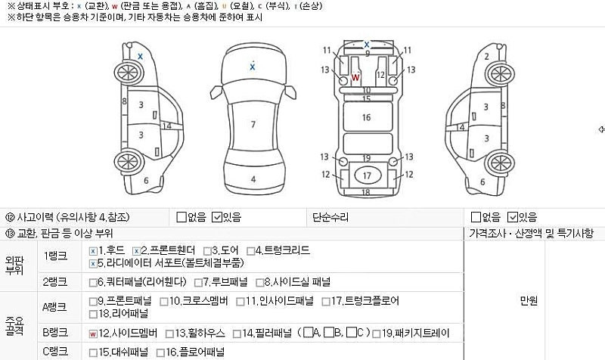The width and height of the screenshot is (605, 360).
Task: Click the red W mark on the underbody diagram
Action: click(355, 77)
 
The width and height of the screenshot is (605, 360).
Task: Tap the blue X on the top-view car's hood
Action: click(253, 67)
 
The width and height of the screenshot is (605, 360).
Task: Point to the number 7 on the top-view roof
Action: click(253, 124)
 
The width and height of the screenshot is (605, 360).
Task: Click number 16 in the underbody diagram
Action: click(366, 117)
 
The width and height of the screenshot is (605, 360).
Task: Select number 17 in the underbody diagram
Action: click(367, 175)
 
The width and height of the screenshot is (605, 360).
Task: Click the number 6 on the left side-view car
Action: click(146, 180)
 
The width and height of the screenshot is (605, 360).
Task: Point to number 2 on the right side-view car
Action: click(486, 56)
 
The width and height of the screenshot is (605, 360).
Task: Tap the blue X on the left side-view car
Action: click(140, 56)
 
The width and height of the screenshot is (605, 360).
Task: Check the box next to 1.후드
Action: click(92, 250)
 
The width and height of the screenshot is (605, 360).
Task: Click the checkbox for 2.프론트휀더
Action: click(136, 250)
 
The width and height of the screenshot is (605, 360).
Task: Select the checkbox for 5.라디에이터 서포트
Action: click(92, 263)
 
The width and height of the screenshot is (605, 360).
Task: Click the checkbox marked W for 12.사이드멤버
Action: click(92, 333)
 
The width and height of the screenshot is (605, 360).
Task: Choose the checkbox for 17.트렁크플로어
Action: click(326, 301)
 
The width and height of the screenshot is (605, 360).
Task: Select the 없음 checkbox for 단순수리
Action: click(476, 217)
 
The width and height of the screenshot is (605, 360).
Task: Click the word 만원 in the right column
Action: click(529, 301)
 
